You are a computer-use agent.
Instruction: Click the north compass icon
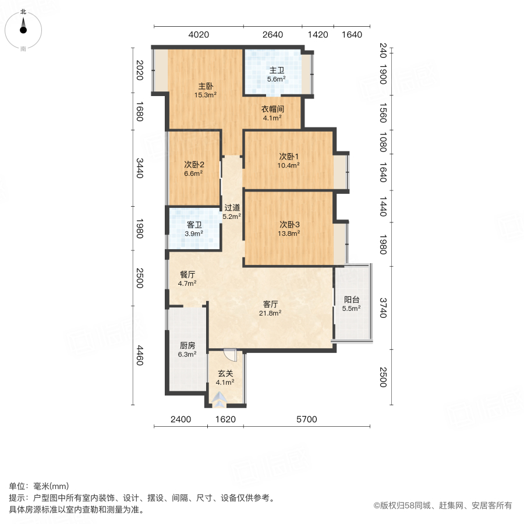[x=23, y=27]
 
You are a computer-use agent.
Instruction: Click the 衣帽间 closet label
[x=272, y=108]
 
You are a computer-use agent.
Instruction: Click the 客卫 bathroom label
[x=194, y=225]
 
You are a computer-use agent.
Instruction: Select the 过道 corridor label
[x=232, y=207]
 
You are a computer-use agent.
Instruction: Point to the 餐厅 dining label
[x=187, y=275]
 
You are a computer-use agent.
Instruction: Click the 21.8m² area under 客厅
[x=271, y=313]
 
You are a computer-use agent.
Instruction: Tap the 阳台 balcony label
[x=351, y=300]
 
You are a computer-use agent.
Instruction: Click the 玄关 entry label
[x=225, y=374]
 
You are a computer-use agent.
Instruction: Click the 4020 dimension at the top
[x=199, y=34]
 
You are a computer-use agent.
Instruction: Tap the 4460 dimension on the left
[x=140, y=356]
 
